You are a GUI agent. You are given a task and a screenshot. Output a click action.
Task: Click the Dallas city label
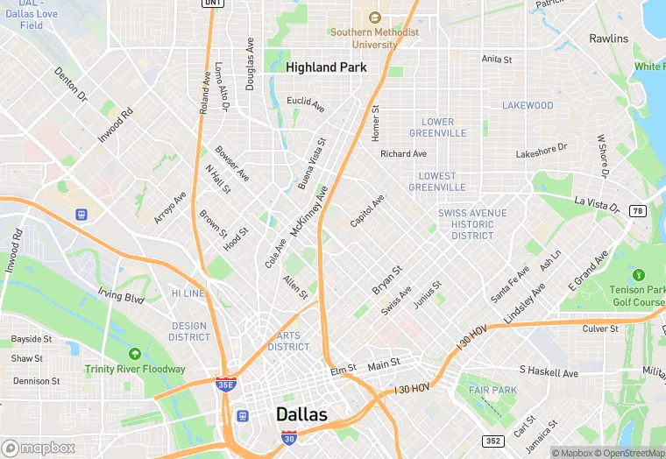click(x=301, y=414)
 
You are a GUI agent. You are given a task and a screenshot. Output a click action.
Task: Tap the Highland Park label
click(x=326, y=67)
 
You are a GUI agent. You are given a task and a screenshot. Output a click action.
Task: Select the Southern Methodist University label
click(x=374, y=38)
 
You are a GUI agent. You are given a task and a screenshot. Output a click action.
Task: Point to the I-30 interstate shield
click(x=288, y=436)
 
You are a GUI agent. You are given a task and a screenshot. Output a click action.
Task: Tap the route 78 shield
click(x=638, y=211)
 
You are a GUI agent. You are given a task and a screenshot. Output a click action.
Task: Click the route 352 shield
click(x=493, y=441)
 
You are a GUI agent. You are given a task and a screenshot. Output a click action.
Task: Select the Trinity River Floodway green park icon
click(x=134, y=354)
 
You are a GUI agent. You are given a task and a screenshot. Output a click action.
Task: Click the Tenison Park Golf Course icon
click(x=637, y=275)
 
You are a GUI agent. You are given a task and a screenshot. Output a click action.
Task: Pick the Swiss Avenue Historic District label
click(x=472, y=224)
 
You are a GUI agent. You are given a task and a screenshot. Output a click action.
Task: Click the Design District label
click(x=189, y=331)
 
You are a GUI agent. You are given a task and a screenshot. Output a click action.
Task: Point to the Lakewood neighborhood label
click(x=528, y=105)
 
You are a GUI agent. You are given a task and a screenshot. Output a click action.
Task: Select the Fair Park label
click(x=492, y=390)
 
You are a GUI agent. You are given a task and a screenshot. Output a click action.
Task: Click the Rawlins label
click(x=608, y=39)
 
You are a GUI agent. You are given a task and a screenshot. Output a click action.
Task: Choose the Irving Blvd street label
click(x=121, y=298)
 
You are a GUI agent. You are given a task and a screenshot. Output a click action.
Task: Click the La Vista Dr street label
click(x=597, y=204)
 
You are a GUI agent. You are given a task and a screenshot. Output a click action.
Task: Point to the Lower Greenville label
click(x=437, y=128)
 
